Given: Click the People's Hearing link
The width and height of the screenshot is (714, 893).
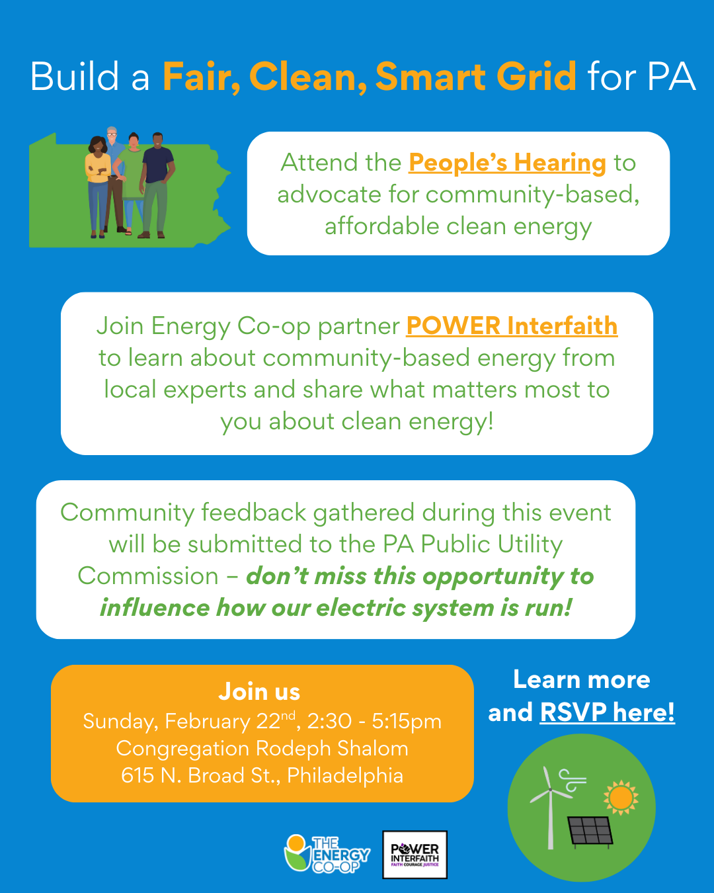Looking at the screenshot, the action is click(507, 163).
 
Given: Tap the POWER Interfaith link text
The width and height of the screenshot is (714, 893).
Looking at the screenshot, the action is click(512, 325).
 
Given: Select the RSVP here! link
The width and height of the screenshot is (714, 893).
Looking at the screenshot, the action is click(607, 712).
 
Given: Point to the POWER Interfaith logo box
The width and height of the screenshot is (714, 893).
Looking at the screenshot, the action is click(415, 855).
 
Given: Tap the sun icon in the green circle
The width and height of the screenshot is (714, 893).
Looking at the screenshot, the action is click(621, 798).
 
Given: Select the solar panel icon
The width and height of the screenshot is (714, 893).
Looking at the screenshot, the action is click(590, 832).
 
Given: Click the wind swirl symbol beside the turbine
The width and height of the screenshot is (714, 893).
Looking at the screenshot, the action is click(572, 780).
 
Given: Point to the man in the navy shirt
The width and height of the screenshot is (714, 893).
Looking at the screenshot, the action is click(157, 185).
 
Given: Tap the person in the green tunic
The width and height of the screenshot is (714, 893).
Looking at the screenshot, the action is click(132, 183).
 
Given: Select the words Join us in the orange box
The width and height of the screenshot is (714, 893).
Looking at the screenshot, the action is click(259, 691).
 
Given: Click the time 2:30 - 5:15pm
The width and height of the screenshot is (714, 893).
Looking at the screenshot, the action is click(374, 721).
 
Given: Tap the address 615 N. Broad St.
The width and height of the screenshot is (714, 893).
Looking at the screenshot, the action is click(200, 775).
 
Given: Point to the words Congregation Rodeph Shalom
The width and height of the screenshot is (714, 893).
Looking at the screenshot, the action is click(262, 748).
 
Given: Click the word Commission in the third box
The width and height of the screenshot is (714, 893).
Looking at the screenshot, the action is click(148, 576).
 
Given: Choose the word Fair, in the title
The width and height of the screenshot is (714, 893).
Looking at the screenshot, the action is click(202, 77).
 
